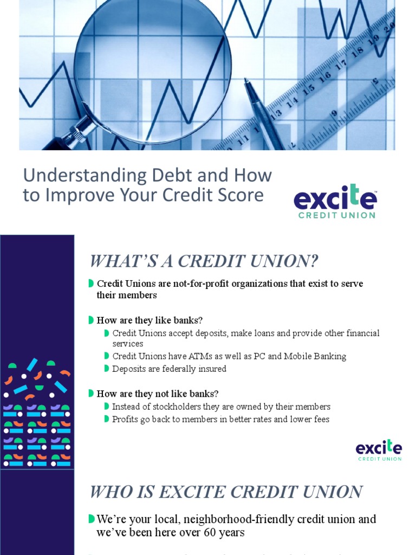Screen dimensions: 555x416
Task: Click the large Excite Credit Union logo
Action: [x=335, y=201]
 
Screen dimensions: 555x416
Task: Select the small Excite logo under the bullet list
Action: [x=379, y=450]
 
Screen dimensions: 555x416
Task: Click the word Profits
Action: [x=125, y=419]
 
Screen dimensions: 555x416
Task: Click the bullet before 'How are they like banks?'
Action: [x=91, y=320]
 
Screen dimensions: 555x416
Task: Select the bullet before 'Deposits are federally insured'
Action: [x=107, y=369]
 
